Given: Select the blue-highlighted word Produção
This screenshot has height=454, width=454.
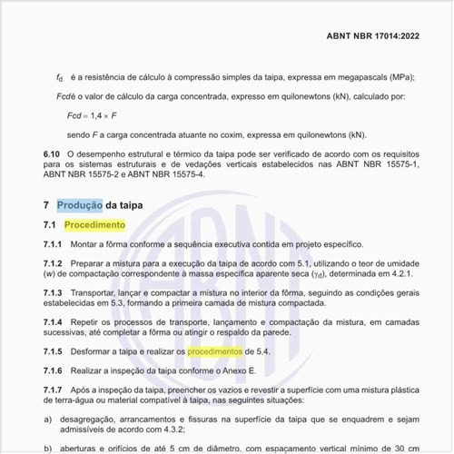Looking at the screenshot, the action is click(80, 205).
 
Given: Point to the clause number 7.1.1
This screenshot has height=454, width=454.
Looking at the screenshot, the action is click(53, 244).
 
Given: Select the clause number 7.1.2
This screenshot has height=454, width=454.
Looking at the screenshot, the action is click(53, 262).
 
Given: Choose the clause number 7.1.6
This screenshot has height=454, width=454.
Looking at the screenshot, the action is click(53, 371).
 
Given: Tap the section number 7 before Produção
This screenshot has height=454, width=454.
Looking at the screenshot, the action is click(46, 205).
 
